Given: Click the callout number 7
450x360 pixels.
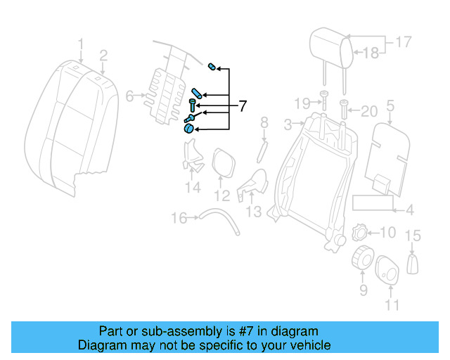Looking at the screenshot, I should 243,107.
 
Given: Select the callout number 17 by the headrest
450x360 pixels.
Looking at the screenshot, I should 403,42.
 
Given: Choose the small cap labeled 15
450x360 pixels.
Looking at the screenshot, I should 413,263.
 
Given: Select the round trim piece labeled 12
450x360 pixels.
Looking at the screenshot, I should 223,162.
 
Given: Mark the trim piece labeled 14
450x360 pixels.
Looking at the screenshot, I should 191,157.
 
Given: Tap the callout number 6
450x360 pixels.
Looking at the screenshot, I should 129,96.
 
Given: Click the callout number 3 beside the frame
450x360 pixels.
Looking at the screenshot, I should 288,124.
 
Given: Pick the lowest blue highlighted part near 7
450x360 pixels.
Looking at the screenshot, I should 188,128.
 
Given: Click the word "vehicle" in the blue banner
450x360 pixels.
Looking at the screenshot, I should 306,345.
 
